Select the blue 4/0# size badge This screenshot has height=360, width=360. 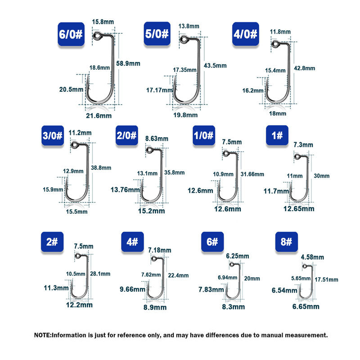pyautogui.click(x=246, y=34)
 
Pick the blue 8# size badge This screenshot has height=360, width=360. pyautogui.click(x=287, y=242)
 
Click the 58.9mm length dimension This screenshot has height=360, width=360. pyautogui.click(x=128, y=63)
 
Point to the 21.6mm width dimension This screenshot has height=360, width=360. pyautogui.click(x=99, y=116)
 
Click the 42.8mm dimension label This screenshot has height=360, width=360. pyautogui.click(x=304, y=68)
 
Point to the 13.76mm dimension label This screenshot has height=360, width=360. pyautogui.click(x=125, y=190)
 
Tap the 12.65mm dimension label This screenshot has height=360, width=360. pyautogui.click(x=299, y=208)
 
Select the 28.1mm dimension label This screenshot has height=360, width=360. pyautogui.click(x=100, y=274)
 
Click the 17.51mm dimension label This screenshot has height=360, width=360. pyautogui.click(x=327, y=279)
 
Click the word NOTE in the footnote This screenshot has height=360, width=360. pyautogui.click(x=43, y=335)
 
